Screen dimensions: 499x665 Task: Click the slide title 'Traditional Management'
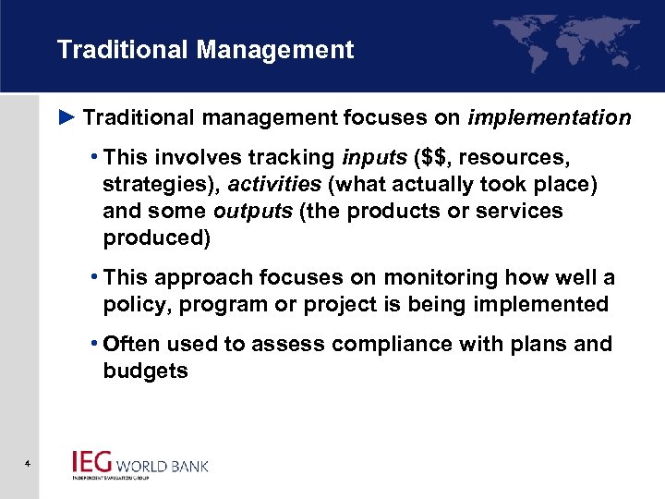[205, 50]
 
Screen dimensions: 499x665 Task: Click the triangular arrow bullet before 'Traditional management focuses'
[66, 118]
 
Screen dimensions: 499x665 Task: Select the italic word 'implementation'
[550, 118]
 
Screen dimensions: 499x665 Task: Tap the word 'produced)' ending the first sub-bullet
[157, 237]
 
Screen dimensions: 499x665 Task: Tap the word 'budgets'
[146, 371]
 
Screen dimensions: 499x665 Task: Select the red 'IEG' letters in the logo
[92, 461]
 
